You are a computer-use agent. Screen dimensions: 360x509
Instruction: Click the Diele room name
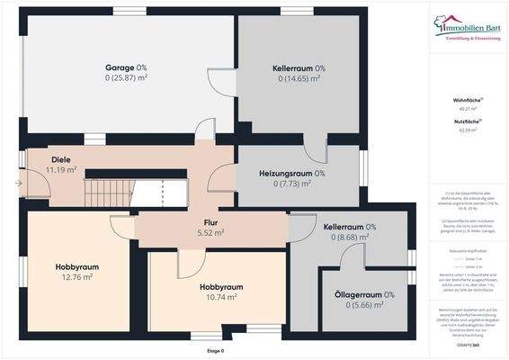[x=36, y=158]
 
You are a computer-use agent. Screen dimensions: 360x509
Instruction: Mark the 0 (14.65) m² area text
[x=299, y=80]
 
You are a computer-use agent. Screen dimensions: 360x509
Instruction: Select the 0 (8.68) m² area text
[x=350, y=238]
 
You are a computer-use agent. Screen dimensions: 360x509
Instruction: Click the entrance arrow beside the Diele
[x=19, y=184]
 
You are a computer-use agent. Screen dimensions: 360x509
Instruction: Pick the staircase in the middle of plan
[x=135, y=192]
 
